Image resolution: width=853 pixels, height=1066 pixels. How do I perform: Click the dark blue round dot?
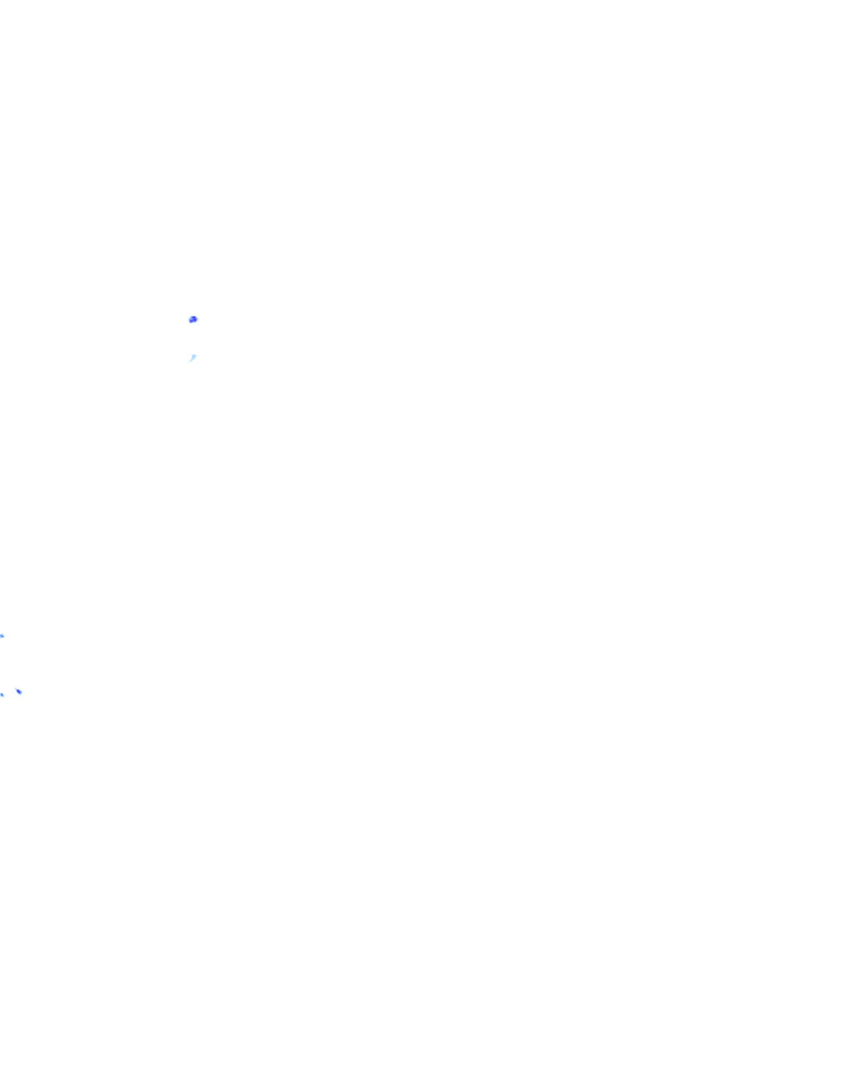click(193, 319)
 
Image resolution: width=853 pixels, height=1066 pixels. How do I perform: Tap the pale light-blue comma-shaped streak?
click(192, 358)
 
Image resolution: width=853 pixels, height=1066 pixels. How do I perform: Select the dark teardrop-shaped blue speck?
click(19, 691)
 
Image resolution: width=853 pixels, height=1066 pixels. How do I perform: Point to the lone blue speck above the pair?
click(2, 636)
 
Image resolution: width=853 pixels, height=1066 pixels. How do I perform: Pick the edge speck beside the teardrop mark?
click(2, 694)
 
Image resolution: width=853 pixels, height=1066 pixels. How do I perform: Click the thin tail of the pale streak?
click(190, 361)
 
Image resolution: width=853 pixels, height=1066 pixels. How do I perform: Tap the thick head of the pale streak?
click(194, 356)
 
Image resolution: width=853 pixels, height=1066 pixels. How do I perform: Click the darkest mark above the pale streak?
click(193, 319)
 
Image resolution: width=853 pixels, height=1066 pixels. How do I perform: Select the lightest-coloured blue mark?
click(192, 358)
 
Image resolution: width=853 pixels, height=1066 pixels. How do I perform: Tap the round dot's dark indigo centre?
click(193, 319)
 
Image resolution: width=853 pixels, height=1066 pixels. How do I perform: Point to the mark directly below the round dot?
click(192, 358)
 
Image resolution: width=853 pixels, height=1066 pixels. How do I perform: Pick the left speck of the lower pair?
click(2, 694)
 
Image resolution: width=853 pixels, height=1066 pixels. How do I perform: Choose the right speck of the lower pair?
click(19, 691)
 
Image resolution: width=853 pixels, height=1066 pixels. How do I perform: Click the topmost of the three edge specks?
click(2, 636)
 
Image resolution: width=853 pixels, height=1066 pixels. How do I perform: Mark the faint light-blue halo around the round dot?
click(197, 319)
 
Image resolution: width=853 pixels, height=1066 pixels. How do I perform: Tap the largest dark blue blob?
click(193, 319)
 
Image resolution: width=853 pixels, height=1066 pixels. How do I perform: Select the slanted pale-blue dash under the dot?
click(192, 358)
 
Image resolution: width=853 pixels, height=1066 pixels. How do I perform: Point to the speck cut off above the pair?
click(2, 636)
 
